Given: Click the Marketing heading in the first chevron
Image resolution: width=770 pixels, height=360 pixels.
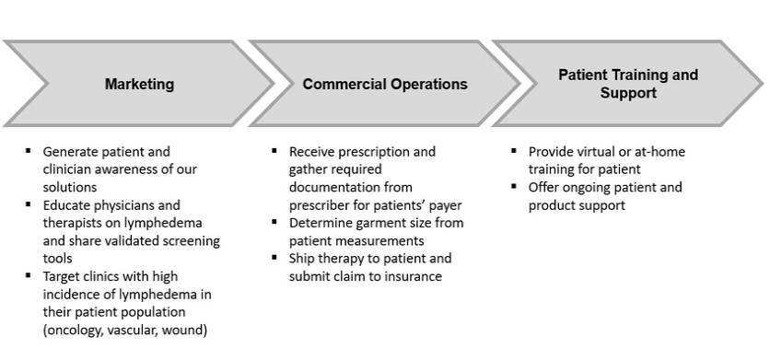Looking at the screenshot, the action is (x=139, y=84).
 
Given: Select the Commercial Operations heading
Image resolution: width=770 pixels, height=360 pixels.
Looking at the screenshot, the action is (x=385, y=84).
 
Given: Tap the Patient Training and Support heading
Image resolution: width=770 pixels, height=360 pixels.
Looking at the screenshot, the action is (x=628, y=84).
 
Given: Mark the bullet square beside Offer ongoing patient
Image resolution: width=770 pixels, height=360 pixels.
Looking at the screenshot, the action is (x=514, y=186).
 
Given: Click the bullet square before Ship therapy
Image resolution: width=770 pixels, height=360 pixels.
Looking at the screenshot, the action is (x=274, y=258).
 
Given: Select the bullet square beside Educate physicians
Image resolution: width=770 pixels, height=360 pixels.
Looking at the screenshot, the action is (x=28, y=203).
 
